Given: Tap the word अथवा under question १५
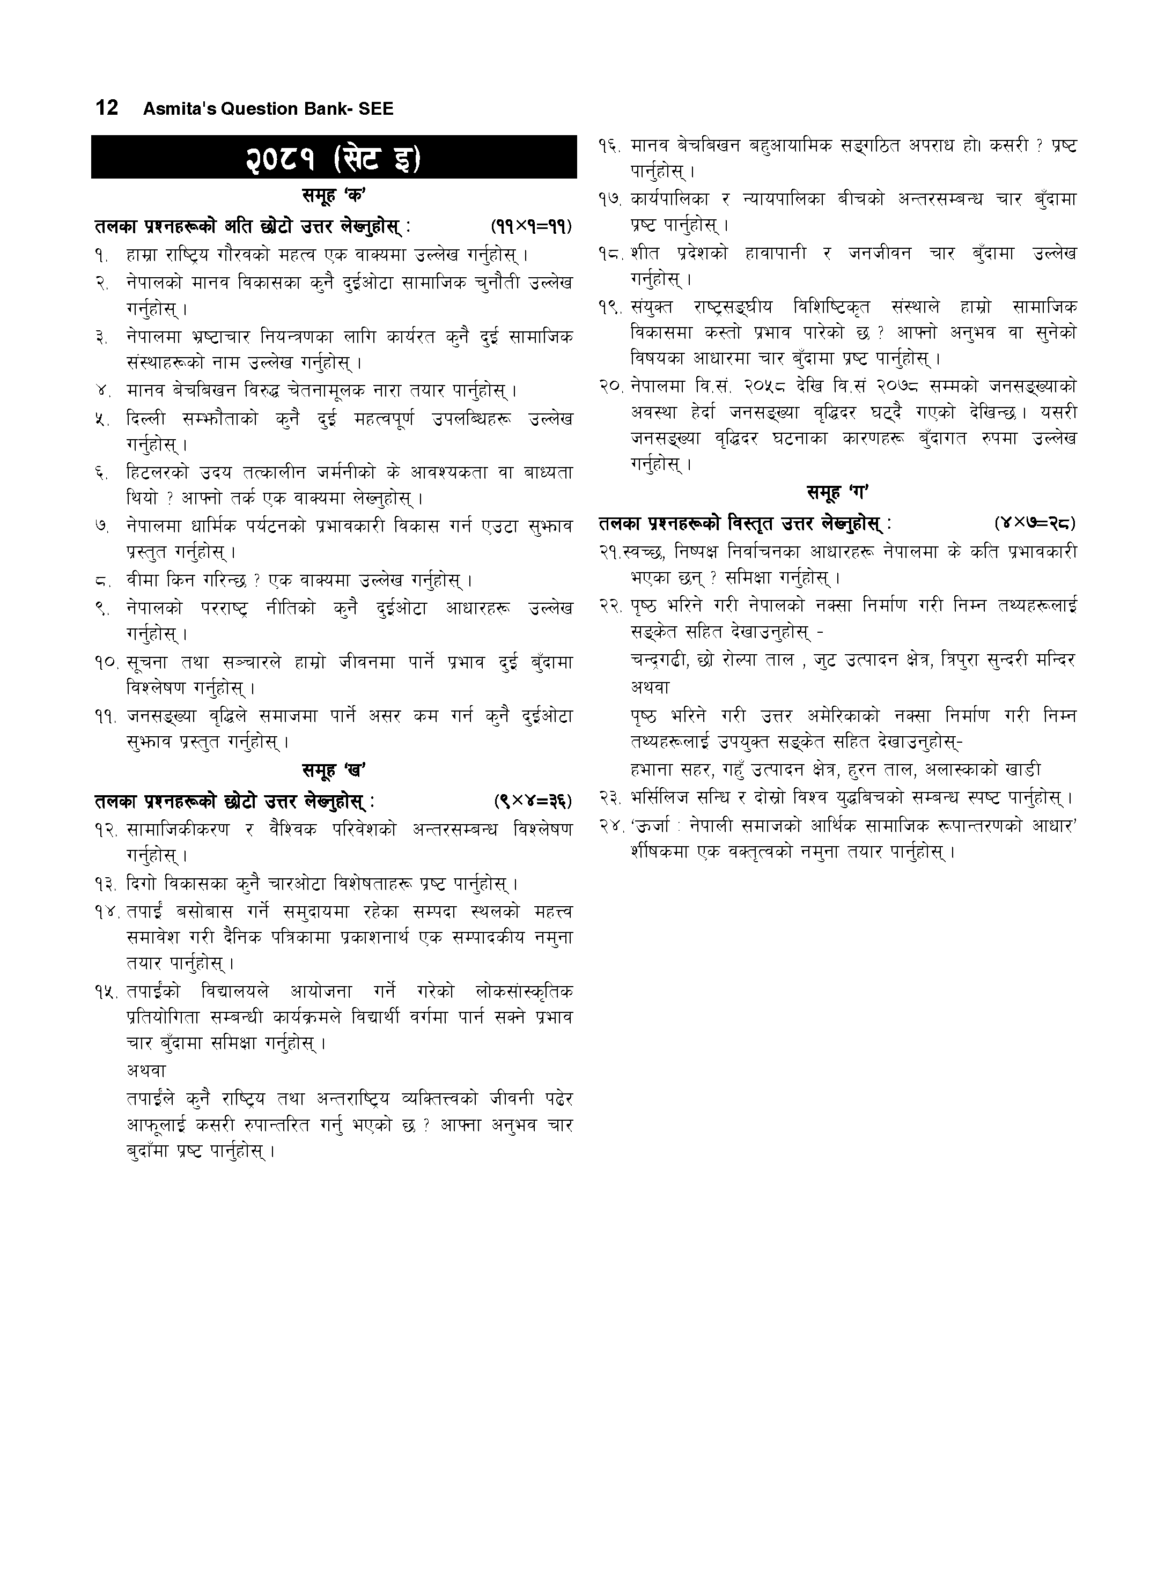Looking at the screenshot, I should point(146,1071).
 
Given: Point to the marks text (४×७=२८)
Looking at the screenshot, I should point(1035,524).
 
